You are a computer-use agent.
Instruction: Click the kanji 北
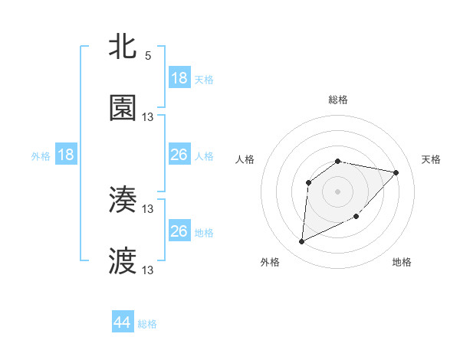click(123, 47)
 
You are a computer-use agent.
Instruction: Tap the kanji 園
click(123, 108)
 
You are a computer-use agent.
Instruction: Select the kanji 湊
click(123, 200)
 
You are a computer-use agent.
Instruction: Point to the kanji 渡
click(123, 261)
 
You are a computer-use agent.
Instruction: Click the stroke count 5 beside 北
click(148, 56)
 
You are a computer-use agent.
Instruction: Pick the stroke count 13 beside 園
click(148, 117)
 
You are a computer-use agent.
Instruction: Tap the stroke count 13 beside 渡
click(148, 270)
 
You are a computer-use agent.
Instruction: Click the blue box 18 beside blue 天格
click(179, 78)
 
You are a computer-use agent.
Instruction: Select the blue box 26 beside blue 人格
click(179, 155)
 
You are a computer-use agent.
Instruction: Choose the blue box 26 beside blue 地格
click(179, 231)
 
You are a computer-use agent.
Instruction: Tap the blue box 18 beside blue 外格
click(66, 155)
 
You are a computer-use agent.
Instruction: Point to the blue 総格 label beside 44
click(147, 324)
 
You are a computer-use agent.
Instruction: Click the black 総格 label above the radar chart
click(338, 100)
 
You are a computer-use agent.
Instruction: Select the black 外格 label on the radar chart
click(269, 262)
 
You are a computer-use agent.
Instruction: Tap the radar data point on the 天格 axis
click(396, 172)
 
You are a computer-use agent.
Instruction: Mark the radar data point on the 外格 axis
click(301, 242)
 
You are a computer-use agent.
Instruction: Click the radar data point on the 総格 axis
click(338, 161)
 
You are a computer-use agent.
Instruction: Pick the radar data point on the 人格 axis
click(308, 182)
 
